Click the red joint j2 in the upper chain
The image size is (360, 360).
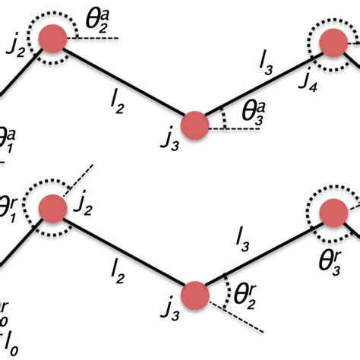[x=52, y=39]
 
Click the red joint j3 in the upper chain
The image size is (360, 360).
[x=194, y=123]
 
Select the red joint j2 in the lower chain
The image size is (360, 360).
[x=52, y=209]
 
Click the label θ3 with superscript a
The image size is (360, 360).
[x=252, y=112]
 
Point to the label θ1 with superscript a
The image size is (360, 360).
[x=7, y=141]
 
